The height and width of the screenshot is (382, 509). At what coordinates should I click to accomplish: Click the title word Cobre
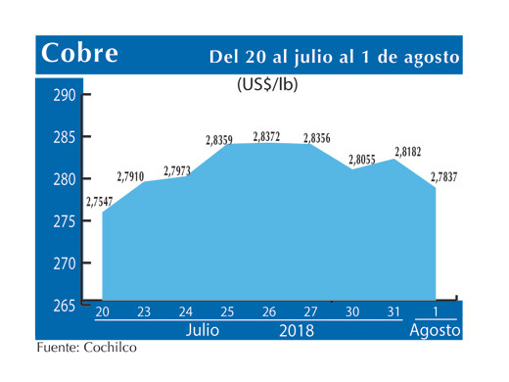[79, 54]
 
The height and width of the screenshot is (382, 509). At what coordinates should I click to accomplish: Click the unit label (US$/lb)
[267, 85]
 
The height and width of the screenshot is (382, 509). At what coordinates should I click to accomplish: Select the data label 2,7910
[131, 176]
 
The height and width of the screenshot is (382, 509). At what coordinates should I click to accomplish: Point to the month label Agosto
[435, 331]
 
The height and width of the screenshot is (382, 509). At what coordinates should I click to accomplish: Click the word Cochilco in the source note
[109, 348]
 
